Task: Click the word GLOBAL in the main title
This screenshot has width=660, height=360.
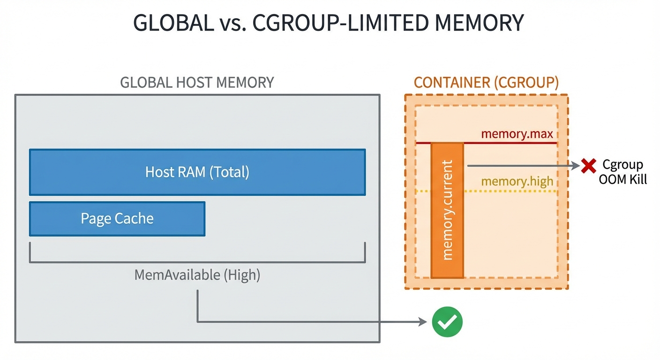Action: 173,23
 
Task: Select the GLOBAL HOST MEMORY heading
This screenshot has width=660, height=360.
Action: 197,82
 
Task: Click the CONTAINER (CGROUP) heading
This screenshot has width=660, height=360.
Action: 486,82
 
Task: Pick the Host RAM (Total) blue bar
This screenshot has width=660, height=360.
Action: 197,172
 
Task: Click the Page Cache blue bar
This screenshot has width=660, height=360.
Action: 117,218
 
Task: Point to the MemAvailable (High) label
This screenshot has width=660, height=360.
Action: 197,274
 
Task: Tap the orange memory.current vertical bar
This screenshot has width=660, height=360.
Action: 447,211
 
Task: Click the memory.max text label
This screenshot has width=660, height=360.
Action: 517,135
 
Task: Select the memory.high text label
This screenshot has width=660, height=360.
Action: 517,181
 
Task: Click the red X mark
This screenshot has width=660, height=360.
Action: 588,165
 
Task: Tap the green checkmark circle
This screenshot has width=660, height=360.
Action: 447,322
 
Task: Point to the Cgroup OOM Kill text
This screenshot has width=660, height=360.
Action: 622,172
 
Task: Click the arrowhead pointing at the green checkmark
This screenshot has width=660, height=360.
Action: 424,322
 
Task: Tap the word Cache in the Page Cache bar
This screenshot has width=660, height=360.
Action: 135,218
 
